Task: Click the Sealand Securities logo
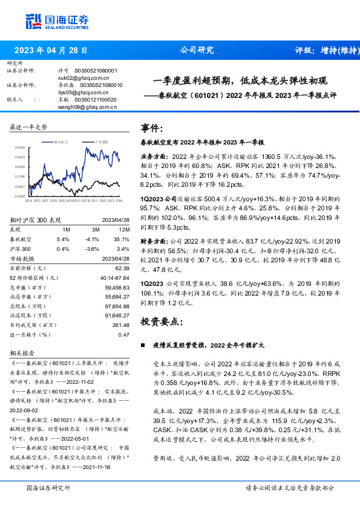coord(57,22)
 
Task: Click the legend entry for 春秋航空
coord(58,140)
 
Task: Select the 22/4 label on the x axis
coord(28,201)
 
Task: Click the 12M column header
coord(123,230)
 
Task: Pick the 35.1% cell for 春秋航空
coord(122,239)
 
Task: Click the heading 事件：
coord(152,128)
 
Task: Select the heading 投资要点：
coord(162,321)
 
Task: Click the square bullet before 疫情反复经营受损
coord(143,345)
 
